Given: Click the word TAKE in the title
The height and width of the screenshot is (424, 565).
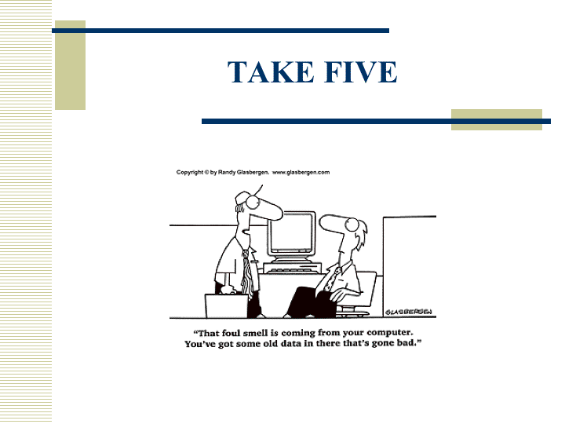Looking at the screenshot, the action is pyautogui.click(x=271, y=72).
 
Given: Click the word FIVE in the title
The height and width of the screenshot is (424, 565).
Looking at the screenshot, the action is pyautogui.click(x=361, y=72).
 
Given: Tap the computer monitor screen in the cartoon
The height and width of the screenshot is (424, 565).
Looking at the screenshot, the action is pyautogui.click(x=291, y=233).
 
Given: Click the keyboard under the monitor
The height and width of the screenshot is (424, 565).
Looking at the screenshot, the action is pyautogui.click(x=292, y=269).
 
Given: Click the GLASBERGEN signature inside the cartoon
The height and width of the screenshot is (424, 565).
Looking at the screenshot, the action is pyautogui.click(x=409, y=312).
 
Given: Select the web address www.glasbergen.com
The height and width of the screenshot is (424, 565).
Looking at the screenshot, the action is pyautogui.click(x=301, y=172).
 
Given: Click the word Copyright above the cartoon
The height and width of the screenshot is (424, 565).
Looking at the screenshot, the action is pyautogui.click(x=190, y=172).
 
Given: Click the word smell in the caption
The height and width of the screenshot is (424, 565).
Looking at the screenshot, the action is pyautogui.click(x=256, y=333).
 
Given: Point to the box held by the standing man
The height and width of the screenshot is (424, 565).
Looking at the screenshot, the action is pyautogui.click(x=226, y=305).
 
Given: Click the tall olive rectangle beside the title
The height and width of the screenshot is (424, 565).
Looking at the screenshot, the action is pyautogui.click(x=71, y=65).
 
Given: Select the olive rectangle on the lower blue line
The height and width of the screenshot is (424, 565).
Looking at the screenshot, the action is pyautogui.click(x=497, y=119).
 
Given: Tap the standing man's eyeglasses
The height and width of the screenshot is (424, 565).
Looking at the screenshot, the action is pyautogui.click(x=253, y=202).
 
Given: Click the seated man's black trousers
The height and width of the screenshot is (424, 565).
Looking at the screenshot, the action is pyautogui.click(x=310, y=302).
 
